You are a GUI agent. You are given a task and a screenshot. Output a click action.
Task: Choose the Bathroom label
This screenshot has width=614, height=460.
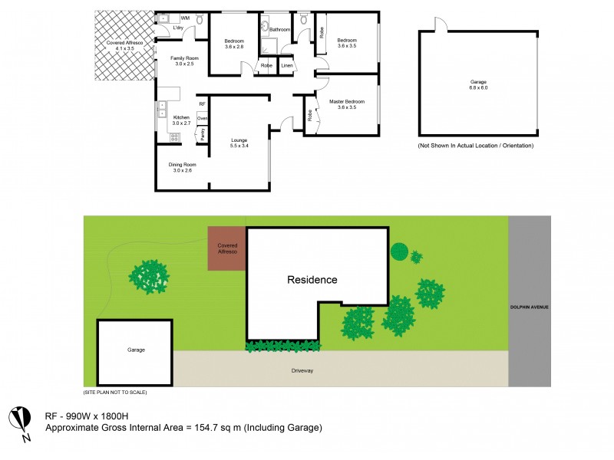click(280, 30)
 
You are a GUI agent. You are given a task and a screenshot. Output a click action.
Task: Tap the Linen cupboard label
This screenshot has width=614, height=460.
click(286, 66)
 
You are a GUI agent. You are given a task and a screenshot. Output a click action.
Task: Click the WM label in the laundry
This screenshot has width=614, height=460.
click(185, 18)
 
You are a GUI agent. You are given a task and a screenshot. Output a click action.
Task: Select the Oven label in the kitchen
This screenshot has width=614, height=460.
click(202, 118)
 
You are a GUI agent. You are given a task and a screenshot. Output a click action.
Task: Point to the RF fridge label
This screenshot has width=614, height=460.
click(202, 103)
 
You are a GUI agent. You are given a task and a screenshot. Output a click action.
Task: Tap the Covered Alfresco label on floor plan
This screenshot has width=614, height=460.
click(120, 45)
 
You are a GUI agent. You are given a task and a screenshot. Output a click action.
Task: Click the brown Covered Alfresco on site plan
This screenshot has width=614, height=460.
click(226, 248)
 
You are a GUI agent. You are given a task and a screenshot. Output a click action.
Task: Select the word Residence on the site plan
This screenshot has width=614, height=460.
click(312, 280)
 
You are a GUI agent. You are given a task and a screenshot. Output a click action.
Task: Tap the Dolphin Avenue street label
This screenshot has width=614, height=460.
click(530, 307)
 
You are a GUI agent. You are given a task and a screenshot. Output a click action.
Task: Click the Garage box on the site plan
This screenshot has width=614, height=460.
click(136, 350)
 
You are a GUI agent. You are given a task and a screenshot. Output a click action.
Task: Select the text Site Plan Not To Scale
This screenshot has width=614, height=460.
click(115, 392)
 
